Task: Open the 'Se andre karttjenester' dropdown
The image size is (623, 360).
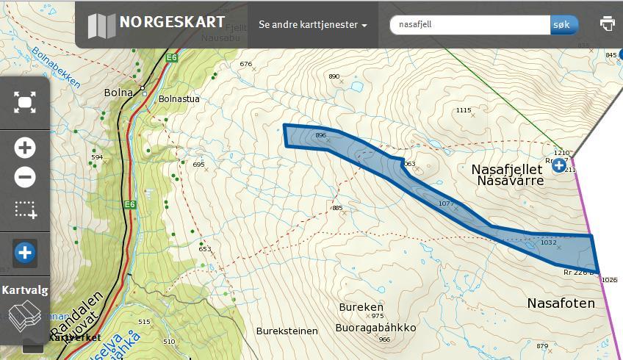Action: point(312,25)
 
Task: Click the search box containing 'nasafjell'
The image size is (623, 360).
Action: point(470,24)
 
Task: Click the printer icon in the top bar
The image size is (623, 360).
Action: point(607,24)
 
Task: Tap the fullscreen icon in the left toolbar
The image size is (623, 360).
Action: point(25,102)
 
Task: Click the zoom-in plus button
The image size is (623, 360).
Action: point(25,148)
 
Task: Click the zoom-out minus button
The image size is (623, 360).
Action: point(25,177)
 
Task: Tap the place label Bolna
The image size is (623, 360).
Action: point(118,93)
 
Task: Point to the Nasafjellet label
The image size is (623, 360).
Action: point(506,169)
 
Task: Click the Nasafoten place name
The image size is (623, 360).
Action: point(558,303)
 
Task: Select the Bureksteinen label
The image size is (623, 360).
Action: point(288,331)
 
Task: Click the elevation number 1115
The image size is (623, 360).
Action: point(463,110)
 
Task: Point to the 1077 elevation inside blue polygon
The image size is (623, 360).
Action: point(445,203)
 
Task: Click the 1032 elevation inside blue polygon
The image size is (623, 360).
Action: point(548,242)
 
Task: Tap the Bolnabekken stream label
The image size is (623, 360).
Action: point(55,68)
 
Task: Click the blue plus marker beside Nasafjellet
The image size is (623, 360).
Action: point(559,165)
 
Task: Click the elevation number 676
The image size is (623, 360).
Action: point(246,64)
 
